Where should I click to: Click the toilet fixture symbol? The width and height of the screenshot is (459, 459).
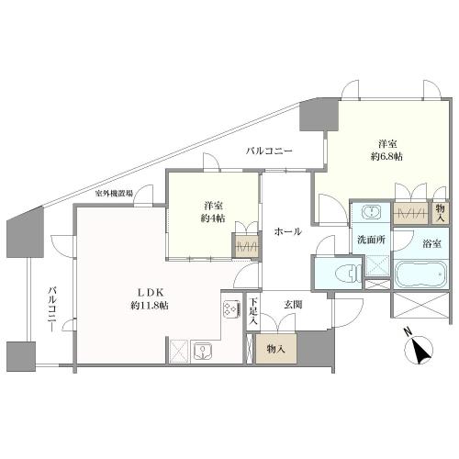coord(348,272)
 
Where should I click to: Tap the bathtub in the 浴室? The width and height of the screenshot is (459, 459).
coord(421,274)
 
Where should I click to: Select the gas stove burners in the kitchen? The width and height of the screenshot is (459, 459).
coord(231,308)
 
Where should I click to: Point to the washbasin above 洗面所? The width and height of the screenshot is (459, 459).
coord(372,212)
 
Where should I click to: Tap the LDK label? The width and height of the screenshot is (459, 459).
coord(151,293)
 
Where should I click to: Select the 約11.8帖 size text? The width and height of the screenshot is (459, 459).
coord(150,306)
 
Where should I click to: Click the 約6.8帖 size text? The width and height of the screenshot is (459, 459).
coord(386,156)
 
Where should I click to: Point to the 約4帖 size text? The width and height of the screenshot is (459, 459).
coord(213,218)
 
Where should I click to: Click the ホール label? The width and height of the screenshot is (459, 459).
coord(288,231)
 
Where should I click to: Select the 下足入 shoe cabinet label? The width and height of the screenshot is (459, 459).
coord(252,311)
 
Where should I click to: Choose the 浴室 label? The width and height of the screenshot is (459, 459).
coord(431,243)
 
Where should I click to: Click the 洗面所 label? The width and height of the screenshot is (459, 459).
coord(371,240)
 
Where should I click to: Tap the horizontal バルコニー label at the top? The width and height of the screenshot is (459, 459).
coord(269,151)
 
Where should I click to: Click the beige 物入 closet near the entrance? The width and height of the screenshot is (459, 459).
coord(276,349)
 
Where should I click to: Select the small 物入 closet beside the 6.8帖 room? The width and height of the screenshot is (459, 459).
coord(441,213)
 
